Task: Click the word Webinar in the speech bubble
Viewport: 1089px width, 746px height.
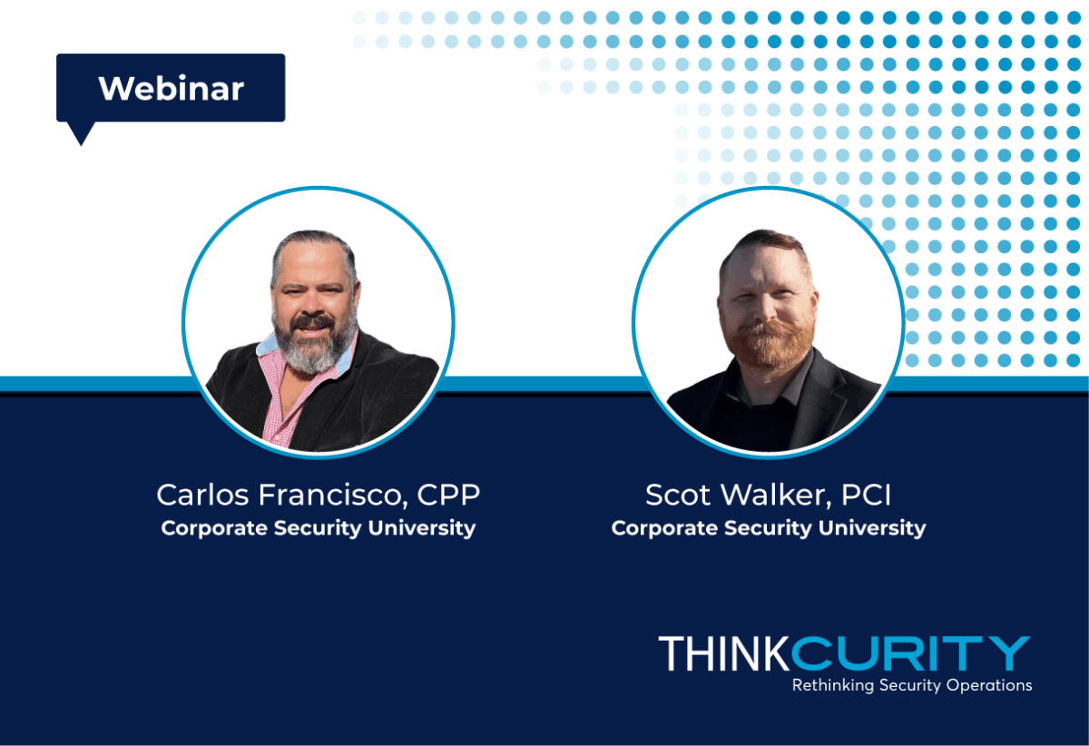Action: [172, 89]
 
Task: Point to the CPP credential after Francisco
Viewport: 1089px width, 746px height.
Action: [448, 495]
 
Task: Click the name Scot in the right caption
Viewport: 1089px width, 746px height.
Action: [678, 495]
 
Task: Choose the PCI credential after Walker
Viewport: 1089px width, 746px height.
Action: [867, 495]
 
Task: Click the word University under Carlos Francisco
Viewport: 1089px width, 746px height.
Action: [422, 528]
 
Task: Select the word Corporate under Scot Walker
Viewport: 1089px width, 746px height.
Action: [664, 529]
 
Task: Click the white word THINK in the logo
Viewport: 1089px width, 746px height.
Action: [724, 653]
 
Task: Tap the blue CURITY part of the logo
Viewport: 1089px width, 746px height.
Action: [910, 653]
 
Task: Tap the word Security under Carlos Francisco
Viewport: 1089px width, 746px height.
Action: [318, 529]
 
